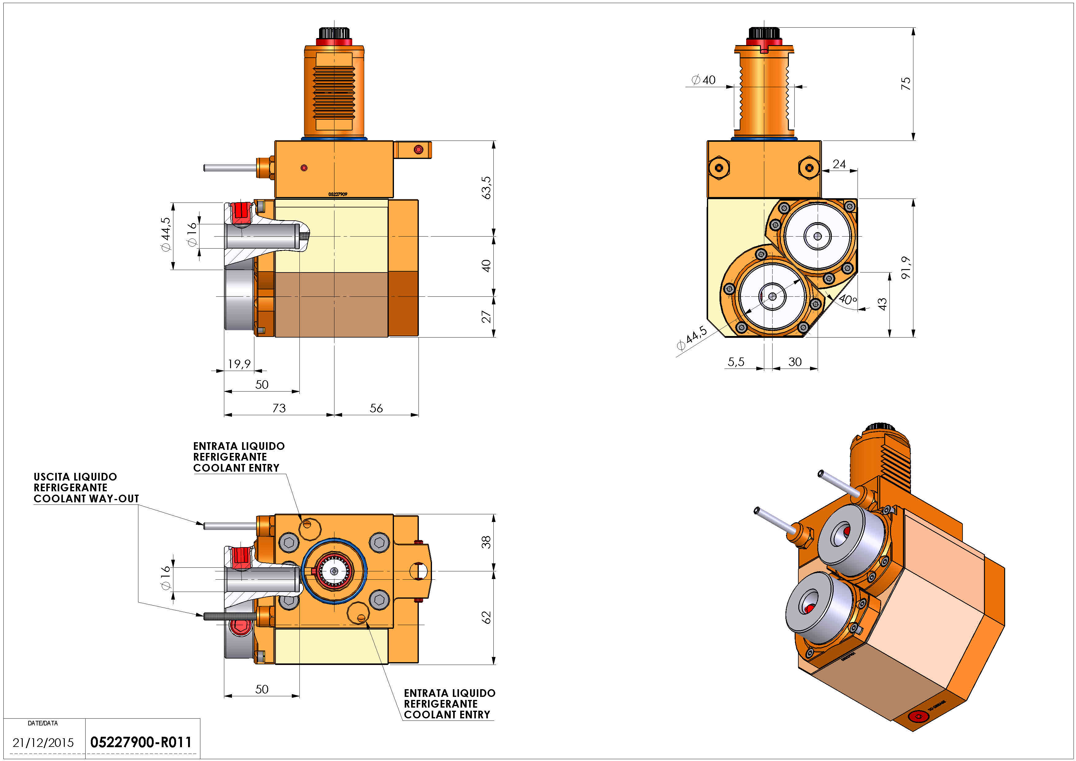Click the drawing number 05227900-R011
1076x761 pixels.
[x=141, y=742]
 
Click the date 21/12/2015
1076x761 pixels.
[x=43, y=743]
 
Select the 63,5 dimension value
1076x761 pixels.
[x=486, y=187]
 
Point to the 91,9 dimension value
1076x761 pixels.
[x=905, y=268]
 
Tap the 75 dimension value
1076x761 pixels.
[x=905, y=83]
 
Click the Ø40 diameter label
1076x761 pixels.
[x=704, y=80]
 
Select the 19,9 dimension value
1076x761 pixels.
[x=239, y=364]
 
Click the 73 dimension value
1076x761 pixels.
[x=279, y=408]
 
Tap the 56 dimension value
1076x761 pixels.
[x=376, y=408]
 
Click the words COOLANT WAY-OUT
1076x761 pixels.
[x=86, y=499]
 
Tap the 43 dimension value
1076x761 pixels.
[x=882, y=304]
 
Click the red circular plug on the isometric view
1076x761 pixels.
[x=918, y=717]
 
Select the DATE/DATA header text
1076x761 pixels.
[x=43, y=723]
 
